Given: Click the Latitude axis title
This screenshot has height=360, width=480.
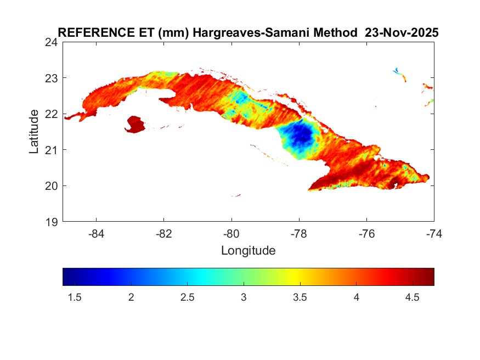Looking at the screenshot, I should pos(34,131).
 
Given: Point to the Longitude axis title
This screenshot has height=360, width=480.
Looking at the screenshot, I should pos(248,251).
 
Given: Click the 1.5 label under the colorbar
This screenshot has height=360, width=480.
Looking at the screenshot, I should pos(75,297).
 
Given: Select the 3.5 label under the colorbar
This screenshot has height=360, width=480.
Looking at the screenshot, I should pos(300,297).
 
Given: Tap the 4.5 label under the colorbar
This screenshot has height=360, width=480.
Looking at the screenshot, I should pos(412,297).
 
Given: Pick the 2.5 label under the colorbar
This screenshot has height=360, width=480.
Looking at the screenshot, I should pos(187,297).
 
